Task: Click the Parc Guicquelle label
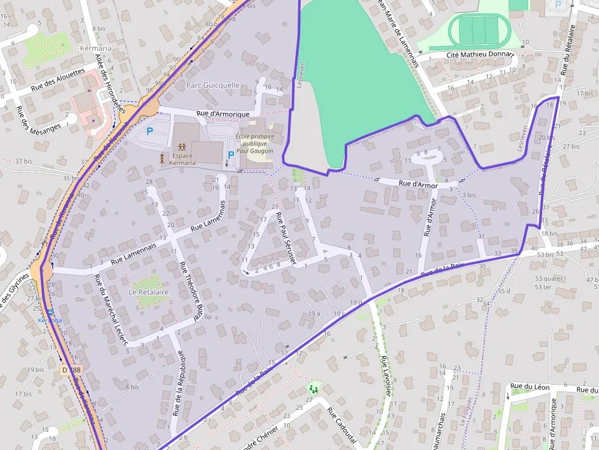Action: (213, 85)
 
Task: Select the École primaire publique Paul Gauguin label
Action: (254, 143)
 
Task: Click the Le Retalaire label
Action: (149, 292)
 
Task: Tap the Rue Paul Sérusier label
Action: (286, 239)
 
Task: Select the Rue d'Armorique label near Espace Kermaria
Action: (222, 114)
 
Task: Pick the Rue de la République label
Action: (179, 383)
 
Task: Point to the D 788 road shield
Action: (71, 370)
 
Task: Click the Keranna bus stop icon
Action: (50, 311)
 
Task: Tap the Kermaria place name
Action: (95, 48)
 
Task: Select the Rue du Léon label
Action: (530, 387)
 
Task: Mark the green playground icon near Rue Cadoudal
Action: (314, 388)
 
